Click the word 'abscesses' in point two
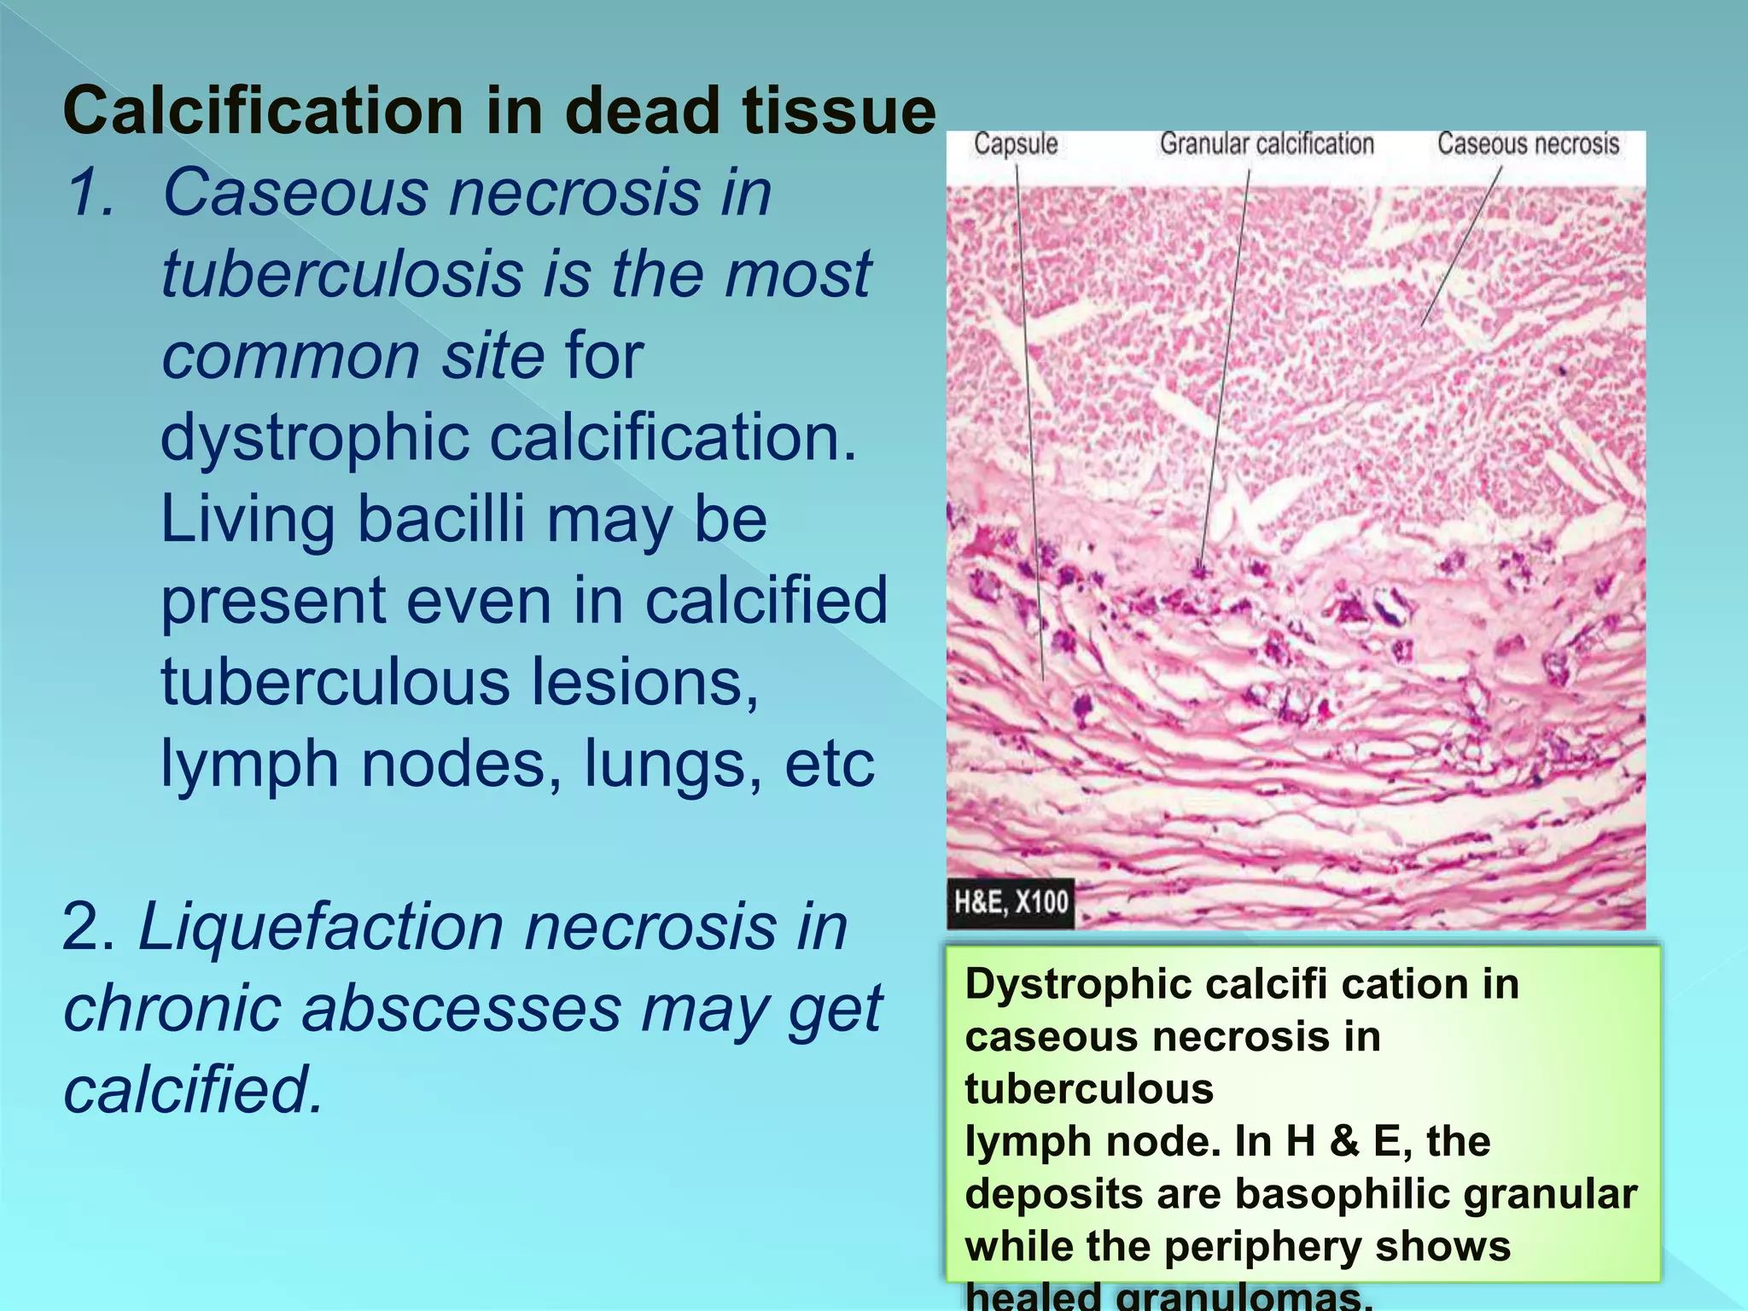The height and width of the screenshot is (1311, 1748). (x=461, y=1009)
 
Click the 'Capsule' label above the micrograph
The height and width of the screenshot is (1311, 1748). (x=1016, y=144)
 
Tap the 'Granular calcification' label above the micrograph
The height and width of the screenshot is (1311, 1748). (x=1267, y=144)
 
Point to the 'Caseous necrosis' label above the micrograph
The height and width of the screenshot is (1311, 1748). (x=1528, y=143)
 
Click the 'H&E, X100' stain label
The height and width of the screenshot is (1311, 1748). (x=1011, y=902)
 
